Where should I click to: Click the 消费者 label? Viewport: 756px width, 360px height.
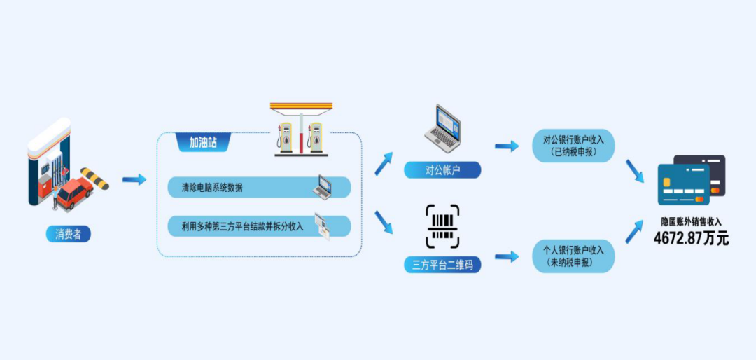pos(68,234)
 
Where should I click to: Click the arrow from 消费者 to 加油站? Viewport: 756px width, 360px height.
pos(134,180)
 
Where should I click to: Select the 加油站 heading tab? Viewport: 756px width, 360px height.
pos(203,143)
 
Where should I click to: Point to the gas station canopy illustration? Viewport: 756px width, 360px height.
pos(301,130)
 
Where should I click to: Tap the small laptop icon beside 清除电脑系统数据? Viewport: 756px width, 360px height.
pos(323,186)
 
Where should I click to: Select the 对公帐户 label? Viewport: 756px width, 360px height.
pos(442,169)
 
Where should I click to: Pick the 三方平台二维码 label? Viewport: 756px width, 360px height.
pos(442,265)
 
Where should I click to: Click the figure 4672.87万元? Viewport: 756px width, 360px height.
pos(691,238)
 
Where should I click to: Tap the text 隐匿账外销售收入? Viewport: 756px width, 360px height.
pos(691,221)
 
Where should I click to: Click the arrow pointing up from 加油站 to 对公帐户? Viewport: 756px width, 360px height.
pos(384,163)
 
